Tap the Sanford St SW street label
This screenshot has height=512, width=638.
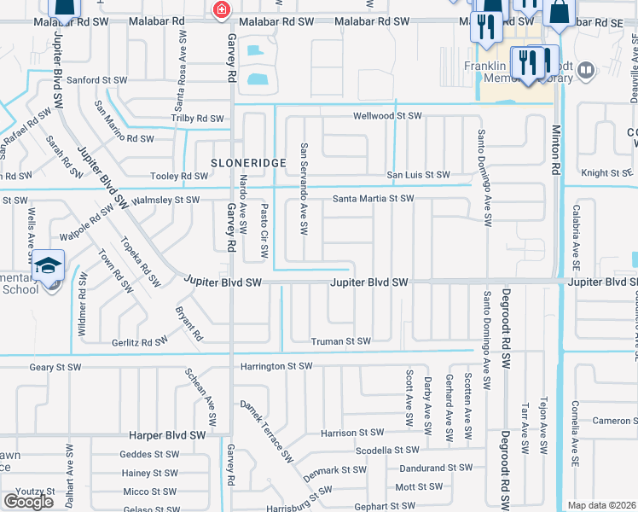click(x=97, y=79)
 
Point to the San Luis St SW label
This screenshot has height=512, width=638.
click(x=418, y=175)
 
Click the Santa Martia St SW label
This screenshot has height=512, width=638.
click(x=373, y=199)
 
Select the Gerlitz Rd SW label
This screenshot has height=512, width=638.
click(x=140, y=341)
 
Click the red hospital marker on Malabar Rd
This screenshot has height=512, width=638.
click(x=221, y=9)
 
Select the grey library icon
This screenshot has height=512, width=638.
click(x=585, y=69)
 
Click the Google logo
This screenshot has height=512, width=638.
click(x=28, y=502)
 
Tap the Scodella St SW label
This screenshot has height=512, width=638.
click(x=387, y=450)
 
